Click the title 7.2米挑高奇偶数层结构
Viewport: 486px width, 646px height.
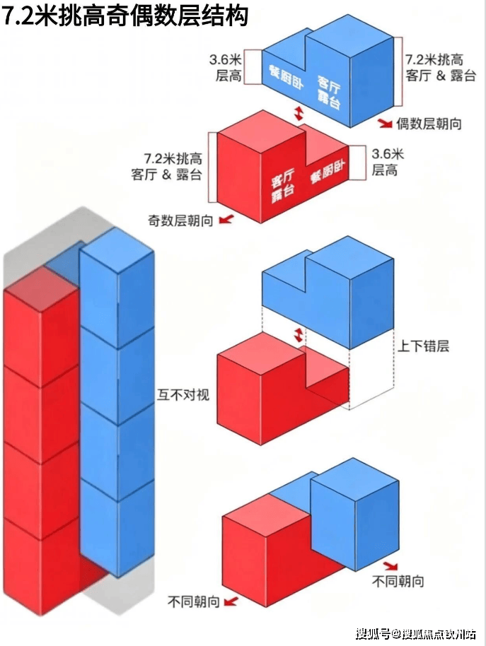[125, 16]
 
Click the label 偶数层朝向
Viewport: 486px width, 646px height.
[429, 124]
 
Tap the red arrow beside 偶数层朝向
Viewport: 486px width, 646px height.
[386, 123]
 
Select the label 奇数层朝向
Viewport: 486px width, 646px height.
[180, 221]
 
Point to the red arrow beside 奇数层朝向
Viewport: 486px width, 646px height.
[226, 219]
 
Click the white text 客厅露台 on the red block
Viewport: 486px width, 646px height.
[283, 185]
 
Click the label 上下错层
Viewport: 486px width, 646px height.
[423, 346]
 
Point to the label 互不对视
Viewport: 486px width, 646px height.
[183, 394]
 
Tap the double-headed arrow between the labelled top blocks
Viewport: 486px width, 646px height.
[299, 113]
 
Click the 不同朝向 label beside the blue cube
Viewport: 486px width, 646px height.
[398, 581]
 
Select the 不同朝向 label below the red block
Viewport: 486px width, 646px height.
[194, 602]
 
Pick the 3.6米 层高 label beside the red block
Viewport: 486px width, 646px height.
[387, 162]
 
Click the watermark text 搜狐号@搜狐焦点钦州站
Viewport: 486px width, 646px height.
[415, 634]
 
